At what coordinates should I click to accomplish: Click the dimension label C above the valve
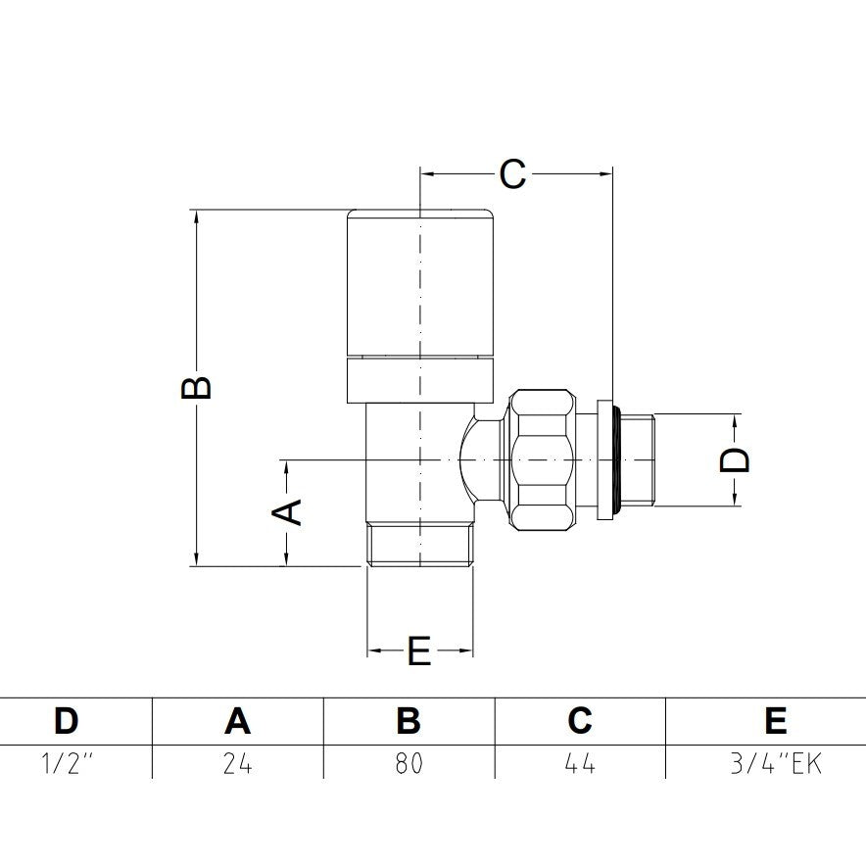point(512,174)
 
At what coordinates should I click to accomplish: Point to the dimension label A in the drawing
point(287,512)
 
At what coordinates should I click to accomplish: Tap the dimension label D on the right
point(735,459)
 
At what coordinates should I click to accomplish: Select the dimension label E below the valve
point(419,650)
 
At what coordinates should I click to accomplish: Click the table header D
point(67,720)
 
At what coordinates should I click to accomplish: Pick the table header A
point(237,720)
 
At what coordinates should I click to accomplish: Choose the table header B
point(409,720)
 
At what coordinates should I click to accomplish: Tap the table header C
point(580,720)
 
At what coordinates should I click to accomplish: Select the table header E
point(776,720)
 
